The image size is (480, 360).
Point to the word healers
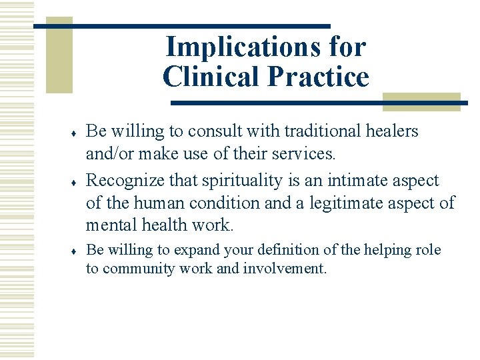click(x=389, y=131)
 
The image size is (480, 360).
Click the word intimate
click(x=369, y=181)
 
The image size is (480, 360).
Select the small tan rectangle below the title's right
click(x=421, y=101)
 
